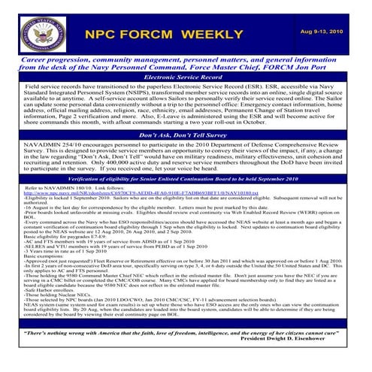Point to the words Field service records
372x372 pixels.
pos(41,87)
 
